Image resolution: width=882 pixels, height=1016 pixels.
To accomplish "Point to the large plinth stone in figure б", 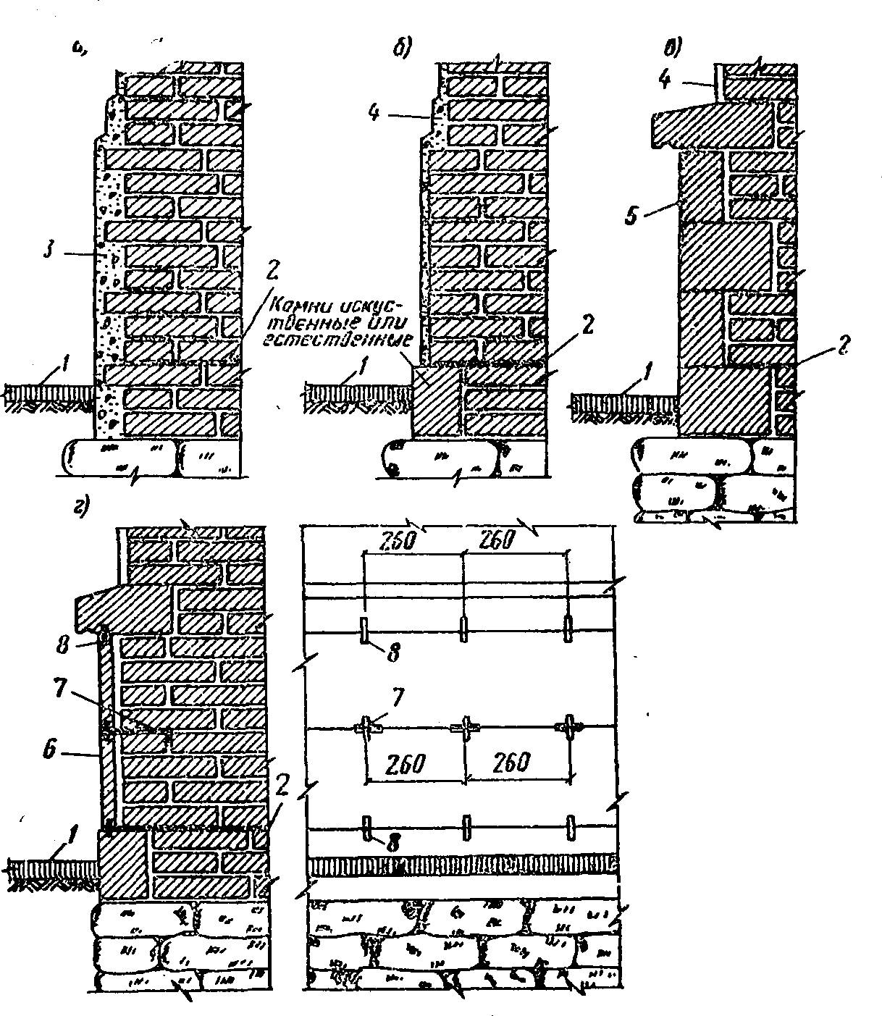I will point(434,400).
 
